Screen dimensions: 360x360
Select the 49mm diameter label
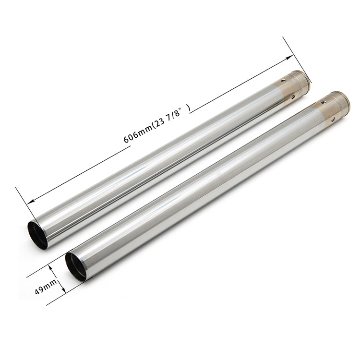[46, 287]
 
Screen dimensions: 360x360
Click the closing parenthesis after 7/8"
[189, 108]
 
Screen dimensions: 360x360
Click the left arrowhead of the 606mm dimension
[31, 202]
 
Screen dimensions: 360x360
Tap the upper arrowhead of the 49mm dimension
[53, 268]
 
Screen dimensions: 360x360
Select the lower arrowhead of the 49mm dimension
[63, 289]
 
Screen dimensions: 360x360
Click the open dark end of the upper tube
[38, 235]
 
